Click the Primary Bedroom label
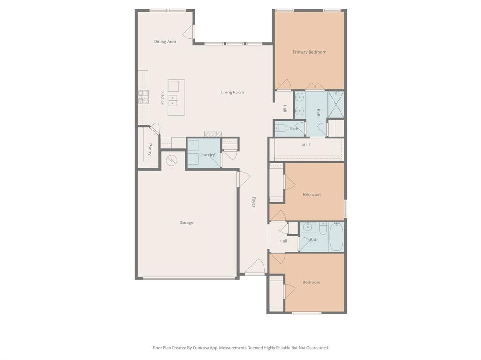pos(309,52)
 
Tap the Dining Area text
pos(165,42)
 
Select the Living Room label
pos(233,92)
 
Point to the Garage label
pos(186,222)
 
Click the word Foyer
pos(254,202)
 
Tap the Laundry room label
pos(207,155)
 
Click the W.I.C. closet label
pos(306,145)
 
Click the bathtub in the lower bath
pos(336,237)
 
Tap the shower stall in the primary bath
pos(336,104)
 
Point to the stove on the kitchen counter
pos(143,97)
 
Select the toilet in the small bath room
pos(281,128)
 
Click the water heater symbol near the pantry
pos(171,161)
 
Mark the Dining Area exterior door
pos(188,32)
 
